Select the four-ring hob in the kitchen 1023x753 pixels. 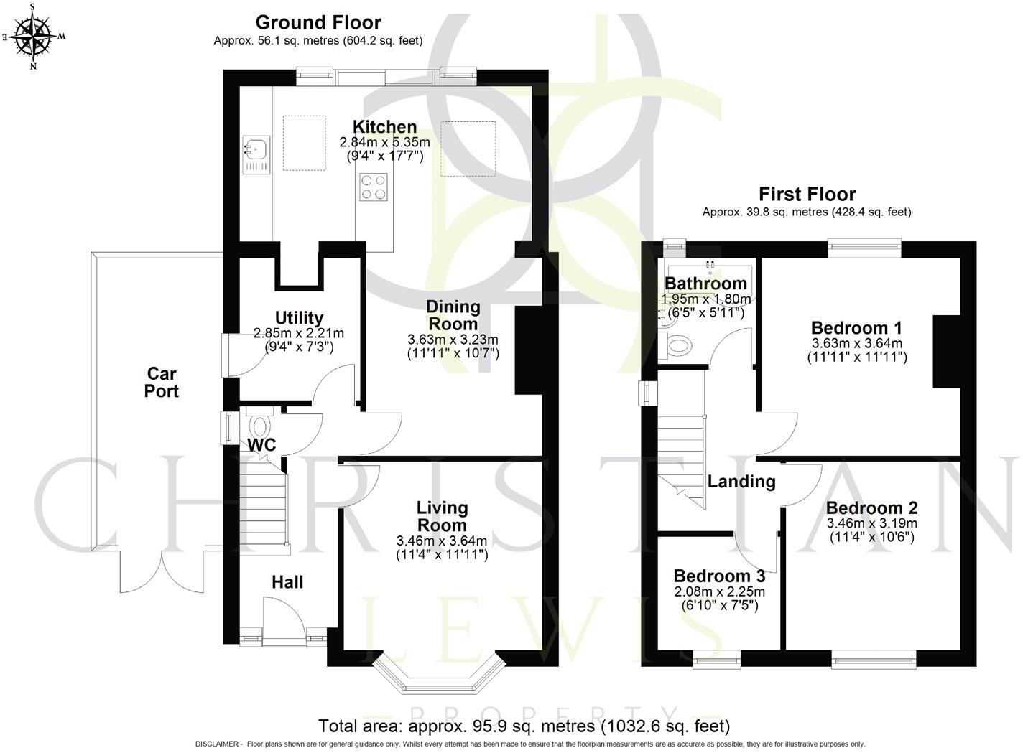click(373, 187)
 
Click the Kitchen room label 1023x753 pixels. click(384, 127)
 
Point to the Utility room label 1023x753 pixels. click(299, 318)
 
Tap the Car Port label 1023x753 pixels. click(162, 382)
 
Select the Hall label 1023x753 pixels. click(287, 582)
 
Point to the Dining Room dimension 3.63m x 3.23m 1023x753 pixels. click(453, 340)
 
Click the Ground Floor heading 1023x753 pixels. click(318, 22)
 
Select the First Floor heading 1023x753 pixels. click(807, 194)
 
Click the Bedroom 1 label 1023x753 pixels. click(856, 327)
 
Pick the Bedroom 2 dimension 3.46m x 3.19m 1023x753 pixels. click(871, 523)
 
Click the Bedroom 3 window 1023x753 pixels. click(716, 659)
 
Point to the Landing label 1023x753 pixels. click(741, 482)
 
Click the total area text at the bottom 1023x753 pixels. click(524, 726)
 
